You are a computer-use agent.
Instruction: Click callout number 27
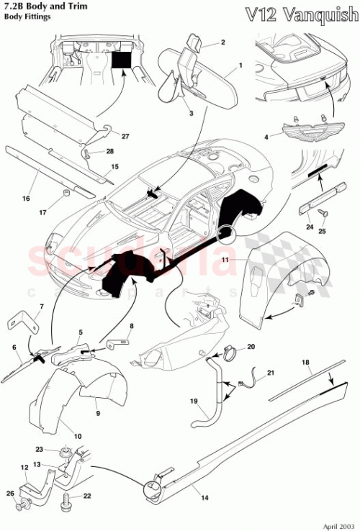[125, 136]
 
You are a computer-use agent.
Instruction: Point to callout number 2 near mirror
[222, 42]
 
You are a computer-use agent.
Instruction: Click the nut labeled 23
[66, 453]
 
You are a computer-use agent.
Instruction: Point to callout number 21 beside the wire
[270, 372]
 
